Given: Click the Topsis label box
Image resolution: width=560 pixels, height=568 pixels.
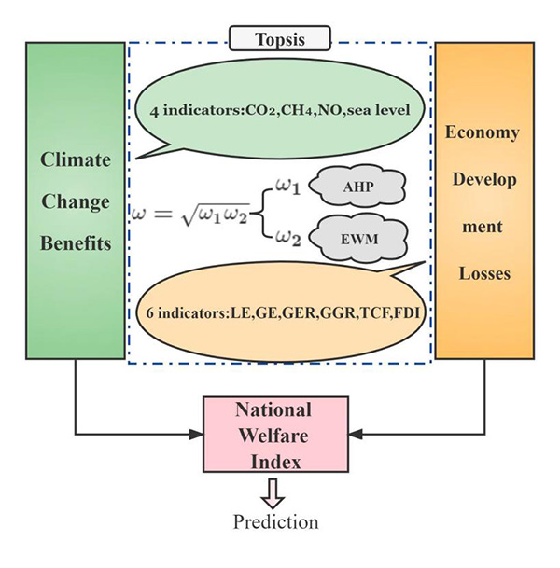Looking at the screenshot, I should (281, 40).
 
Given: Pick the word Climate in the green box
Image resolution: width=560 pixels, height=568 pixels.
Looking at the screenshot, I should (75, 159).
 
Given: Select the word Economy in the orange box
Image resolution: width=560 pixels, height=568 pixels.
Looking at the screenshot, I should (482, 132).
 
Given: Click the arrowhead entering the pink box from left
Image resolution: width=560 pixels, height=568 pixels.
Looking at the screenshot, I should (198, 433).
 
